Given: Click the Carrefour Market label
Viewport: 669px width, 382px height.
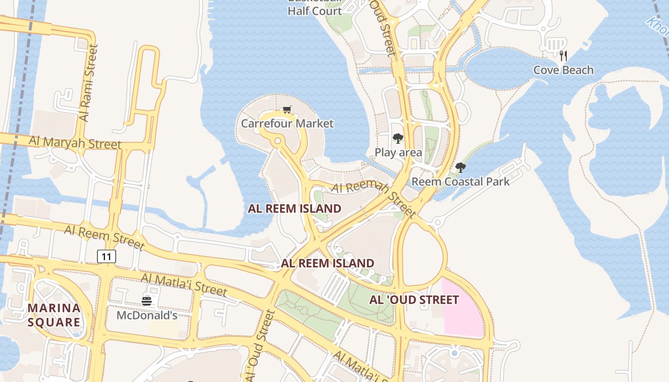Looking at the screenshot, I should point(287,124).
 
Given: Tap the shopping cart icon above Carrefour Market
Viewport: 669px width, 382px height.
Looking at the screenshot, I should point(287,110).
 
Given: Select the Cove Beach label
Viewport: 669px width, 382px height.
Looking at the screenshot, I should point(563,70).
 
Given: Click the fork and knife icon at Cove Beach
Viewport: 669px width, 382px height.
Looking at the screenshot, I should point(563,56).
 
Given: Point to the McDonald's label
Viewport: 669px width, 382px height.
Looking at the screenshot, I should point(147,316).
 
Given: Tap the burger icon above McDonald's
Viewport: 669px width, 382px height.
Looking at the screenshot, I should point(147,301).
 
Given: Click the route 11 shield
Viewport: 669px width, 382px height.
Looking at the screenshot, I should point(106,257).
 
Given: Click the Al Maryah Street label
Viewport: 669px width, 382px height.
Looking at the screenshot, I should point(75,142).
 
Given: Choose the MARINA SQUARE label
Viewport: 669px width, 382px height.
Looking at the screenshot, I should point(54,315).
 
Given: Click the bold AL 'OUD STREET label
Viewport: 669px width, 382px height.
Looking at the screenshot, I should point(414,300).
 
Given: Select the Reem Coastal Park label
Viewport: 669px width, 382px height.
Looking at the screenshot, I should point(461,182).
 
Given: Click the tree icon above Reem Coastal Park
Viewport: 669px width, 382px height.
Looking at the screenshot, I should point(461,168).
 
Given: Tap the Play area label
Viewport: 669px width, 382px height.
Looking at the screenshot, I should point(398,153).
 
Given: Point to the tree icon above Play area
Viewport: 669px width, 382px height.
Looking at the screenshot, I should point(398,138).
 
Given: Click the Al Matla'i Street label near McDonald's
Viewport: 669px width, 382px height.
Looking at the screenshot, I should point(184,285).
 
